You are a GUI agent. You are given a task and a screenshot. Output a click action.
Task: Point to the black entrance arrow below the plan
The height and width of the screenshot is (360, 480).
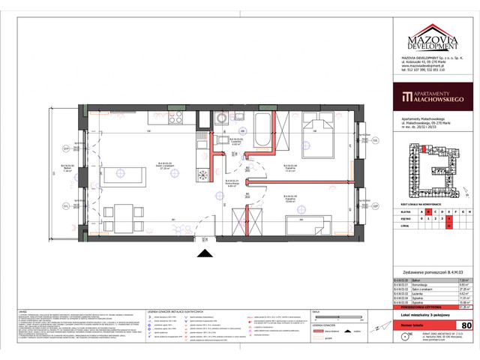(202, 254)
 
